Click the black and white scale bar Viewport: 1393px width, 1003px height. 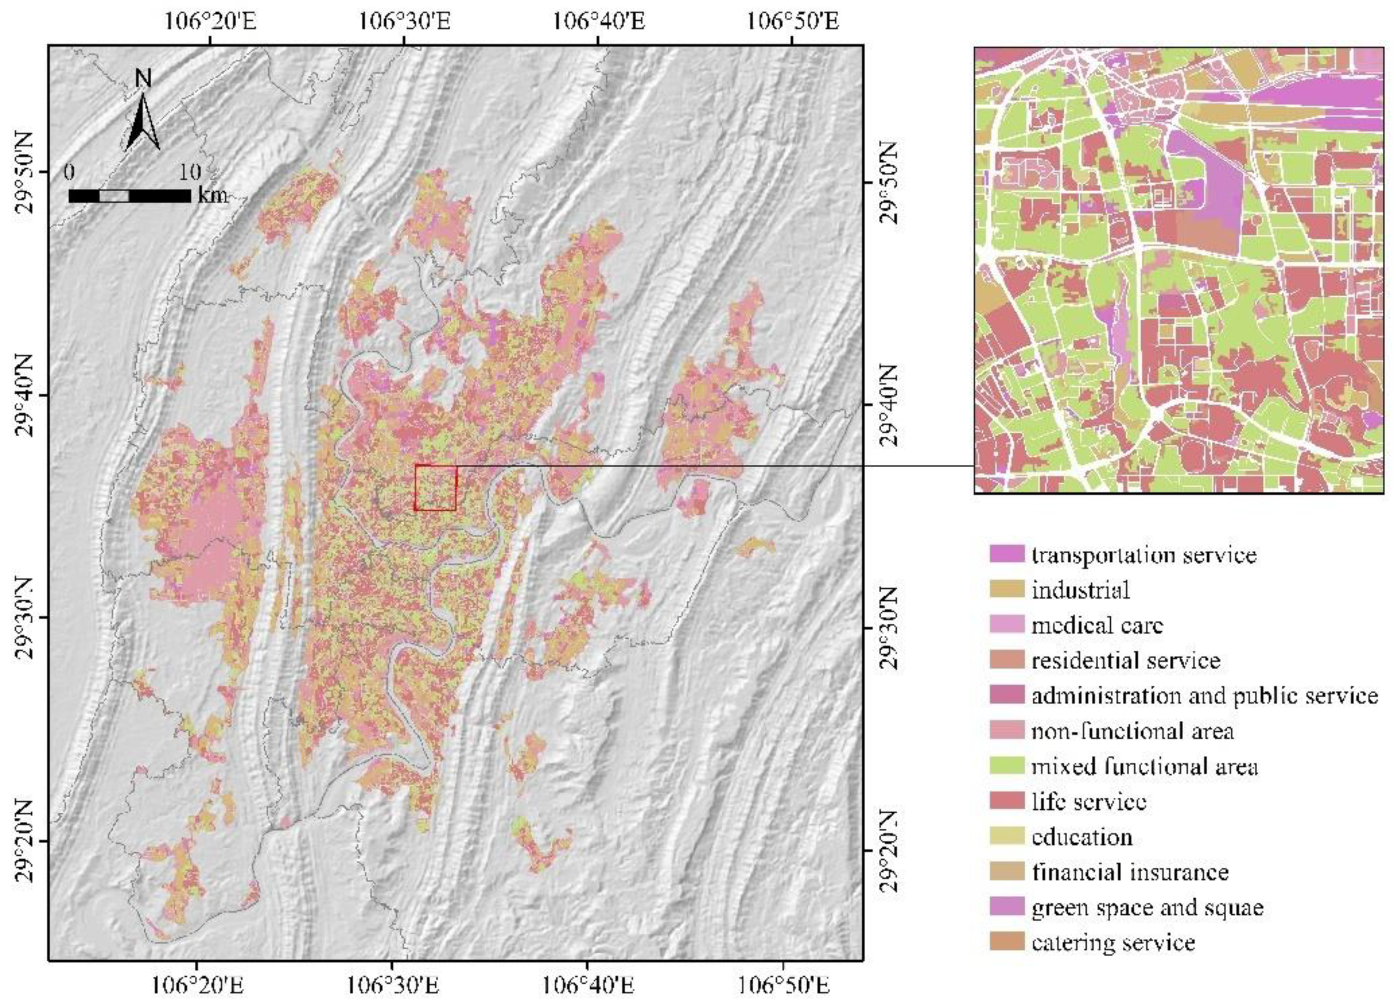point(129,196)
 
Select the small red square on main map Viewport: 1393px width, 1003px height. point(435,488)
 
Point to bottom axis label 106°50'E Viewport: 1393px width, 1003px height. point(784,985)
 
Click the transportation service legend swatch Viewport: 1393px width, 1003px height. point(1007,554)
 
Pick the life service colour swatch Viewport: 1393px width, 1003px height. point(1007,801)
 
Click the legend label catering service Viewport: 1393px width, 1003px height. point(1113,942)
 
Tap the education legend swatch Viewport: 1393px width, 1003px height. point(1007,836)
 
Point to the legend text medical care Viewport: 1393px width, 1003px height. point(1097,625)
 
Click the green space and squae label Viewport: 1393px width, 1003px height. point(1147,907)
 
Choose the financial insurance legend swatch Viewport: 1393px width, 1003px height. point(1007,871)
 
